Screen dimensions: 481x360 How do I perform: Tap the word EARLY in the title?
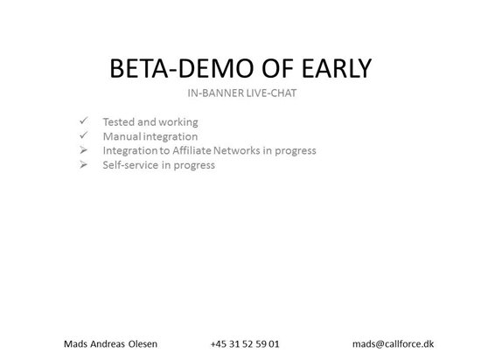click(x=337, y=68)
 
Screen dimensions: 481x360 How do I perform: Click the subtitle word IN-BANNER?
click(x=216, y=93)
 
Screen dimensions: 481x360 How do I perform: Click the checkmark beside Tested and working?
click(x=83, y=121)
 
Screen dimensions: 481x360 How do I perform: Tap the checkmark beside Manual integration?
click(x=83, y=135)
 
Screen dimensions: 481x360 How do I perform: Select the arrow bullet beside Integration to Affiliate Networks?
click(x=83, y=149)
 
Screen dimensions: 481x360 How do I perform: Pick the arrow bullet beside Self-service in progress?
click(x=83, y=164)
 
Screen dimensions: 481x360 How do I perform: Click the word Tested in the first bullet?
click(x=119, y=122)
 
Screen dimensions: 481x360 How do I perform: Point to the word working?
click(x=178, y=122)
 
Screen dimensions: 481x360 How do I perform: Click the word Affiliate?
click(x=192, y=150)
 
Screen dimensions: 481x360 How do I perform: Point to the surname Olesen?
click(x=143, y=344)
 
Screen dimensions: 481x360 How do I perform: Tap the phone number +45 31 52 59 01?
click(x=245, y=344)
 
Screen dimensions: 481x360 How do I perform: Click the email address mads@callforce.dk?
click(x=394, y=344)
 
